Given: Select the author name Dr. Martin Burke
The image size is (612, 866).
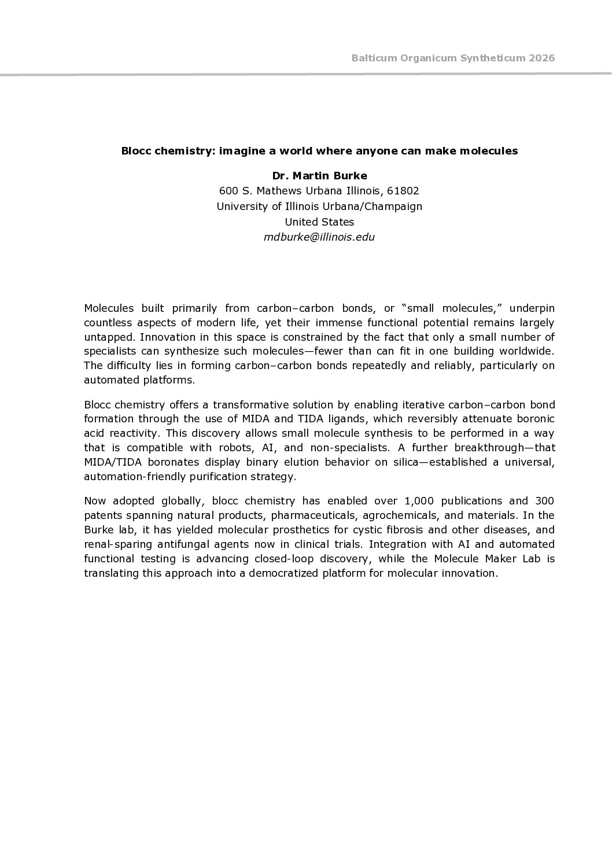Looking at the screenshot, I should [x=319, y=175].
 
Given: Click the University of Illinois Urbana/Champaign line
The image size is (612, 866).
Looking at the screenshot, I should [x=319, y=206].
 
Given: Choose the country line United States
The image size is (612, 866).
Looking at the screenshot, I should [x=319, y=222].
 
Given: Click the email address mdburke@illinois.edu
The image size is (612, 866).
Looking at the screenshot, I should [x=319, y=237].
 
